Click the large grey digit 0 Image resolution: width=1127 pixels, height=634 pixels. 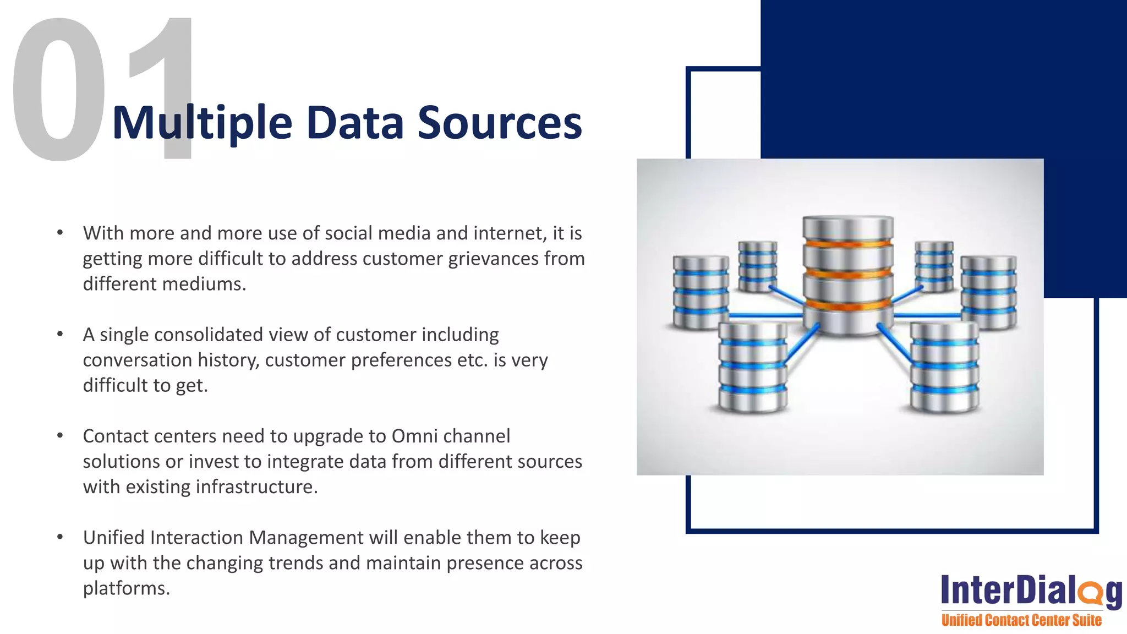(x=58, y=91)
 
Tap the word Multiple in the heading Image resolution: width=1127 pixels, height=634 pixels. (x=201, y=123)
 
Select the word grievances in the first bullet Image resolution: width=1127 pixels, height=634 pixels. (x=493, y=259)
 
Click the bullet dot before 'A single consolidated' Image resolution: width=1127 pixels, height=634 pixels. (x=60, y=334)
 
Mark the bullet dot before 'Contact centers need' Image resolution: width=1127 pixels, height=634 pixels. (x=60, y=435)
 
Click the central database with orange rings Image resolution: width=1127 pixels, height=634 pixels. (x=847, y=275)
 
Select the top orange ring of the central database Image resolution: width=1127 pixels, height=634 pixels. (x=847, y=243)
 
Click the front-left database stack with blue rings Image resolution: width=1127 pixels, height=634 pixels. (x=752, y=367)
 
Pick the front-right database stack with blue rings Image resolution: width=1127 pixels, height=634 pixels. (x=944, y=367)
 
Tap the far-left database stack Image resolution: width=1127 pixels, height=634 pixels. (x=700, y=292)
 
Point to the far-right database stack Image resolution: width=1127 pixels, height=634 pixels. (x=988, y=292)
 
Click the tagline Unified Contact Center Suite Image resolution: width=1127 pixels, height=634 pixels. (x=1021, y=620)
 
